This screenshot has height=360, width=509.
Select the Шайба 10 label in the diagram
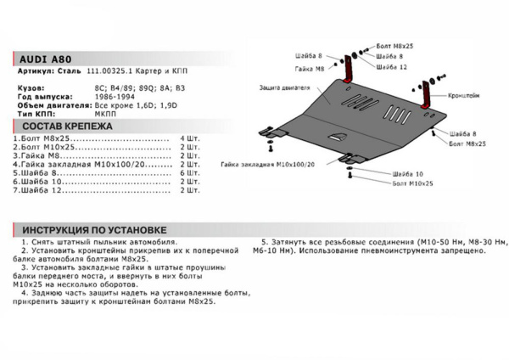tap(409, 173)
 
